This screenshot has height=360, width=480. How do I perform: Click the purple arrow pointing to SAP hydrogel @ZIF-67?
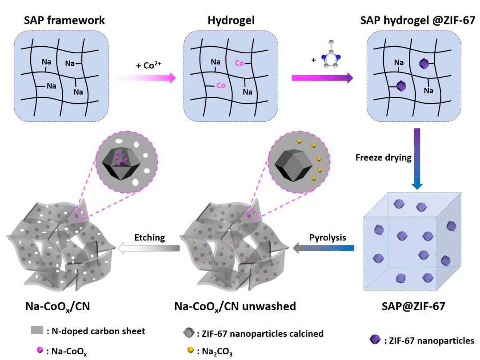[x=322, y=78]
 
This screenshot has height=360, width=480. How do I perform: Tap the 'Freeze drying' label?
[x=383, y=157]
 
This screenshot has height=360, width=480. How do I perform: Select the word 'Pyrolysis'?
[x=328, y=237]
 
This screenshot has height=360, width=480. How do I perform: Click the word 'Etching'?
[x=150, y=237]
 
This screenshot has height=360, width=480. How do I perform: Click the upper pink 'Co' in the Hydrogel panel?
[x=239, y=63]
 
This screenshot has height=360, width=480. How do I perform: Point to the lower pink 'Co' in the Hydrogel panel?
[x=220, y=85]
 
